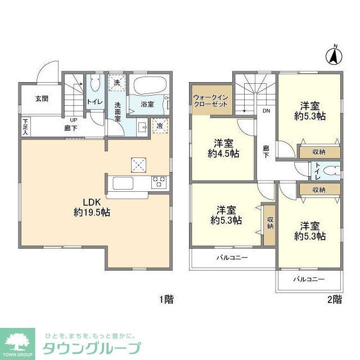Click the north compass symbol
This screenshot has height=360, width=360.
click(x=334, y=56)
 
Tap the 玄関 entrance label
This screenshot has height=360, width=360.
click(x=42, y=98)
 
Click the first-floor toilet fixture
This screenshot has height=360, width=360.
click(x=95, y=85)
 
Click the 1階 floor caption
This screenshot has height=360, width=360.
click(x=165, y=300)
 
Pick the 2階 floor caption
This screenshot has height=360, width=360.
click(x=334, y=300)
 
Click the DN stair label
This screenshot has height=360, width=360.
click(x=265, y=111)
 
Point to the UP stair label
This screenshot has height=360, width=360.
click(x=73, y=120)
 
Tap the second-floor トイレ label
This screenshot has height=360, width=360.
click(x=318, y=169)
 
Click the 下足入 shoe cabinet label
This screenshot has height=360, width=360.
click(x=25, y=125)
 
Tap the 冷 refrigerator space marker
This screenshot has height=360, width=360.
click(x=160, y=125)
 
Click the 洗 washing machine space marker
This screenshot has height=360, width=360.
click(x=117, y=83)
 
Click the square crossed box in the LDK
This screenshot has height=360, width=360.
click(x=139, y=164)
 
